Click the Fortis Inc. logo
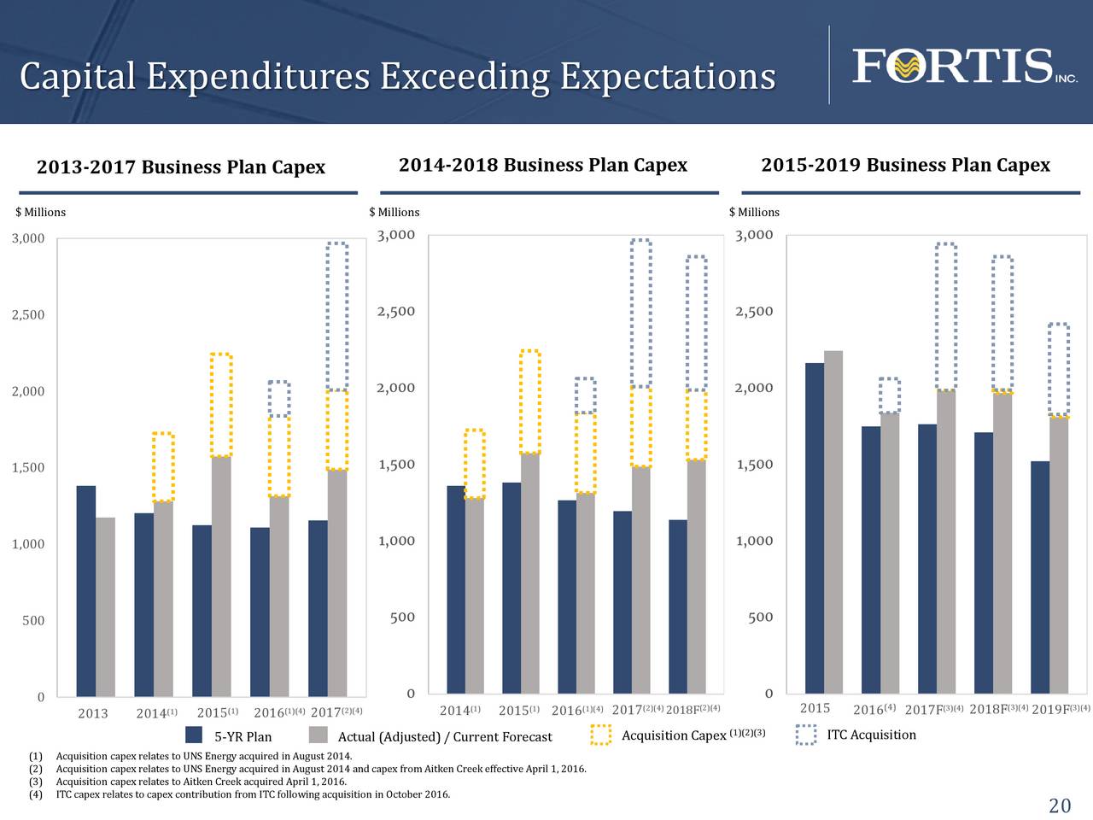tap(963, 67)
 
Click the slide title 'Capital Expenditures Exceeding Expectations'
tap(397, 77)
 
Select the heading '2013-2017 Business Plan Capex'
tap(181, 167)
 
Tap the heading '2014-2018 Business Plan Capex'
tap(543, 166)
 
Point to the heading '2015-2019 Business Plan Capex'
tap(905, 166)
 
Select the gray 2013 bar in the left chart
tap(105, 606)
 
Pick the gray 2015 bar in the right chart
tap(833, 521)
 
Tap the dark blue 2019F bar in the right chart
tap(1040, 577)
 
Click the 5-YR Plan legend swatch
tap(194, 735)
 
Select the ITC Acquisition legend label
tap(871, 735)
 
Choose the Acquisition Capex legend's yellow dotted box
tap(601, 735)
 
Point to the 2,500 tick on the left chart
tap(28, 315)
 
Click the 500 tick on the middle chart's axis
tap(402, 618)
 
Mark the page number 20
tap(1059, 806)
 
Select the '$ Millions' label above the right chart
tap(754, 213)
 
